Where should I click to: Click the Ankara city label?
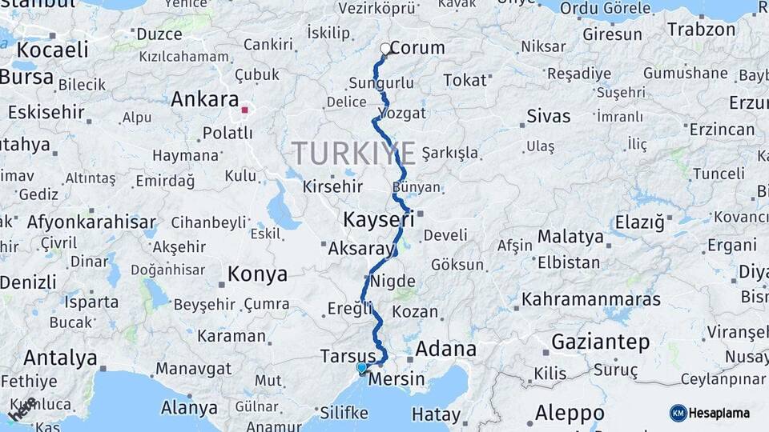click(x=204, y=100)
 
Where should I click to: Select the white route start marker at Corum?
click(x=385, y=49)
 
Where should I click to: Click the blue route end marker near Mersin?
click(x=362, y=368)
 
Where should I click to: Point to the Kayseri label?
click(x=377, y=218)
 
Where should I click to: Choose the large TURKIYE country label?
click(x=353, y=153)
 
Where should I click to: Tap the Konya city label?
click(x=257, y=274)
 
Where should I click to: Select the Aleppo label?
click(x=570, y=414)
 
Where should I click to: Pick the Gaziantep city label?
click(x=601, y=342)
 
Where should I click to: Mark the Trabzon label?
click(x=701, y=30)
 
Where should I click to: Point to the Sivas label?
click(x=549, y=116)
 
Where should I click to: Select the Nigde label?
click(x=393, y=281)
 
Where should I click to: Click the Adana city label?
click(x=445, y=349)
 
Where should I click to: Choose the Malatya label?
click(x=570, y=236)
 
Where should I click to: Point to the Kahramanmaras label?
click(x=591, y=299)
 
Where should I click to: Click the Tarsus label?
click(x=348, y=355)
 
